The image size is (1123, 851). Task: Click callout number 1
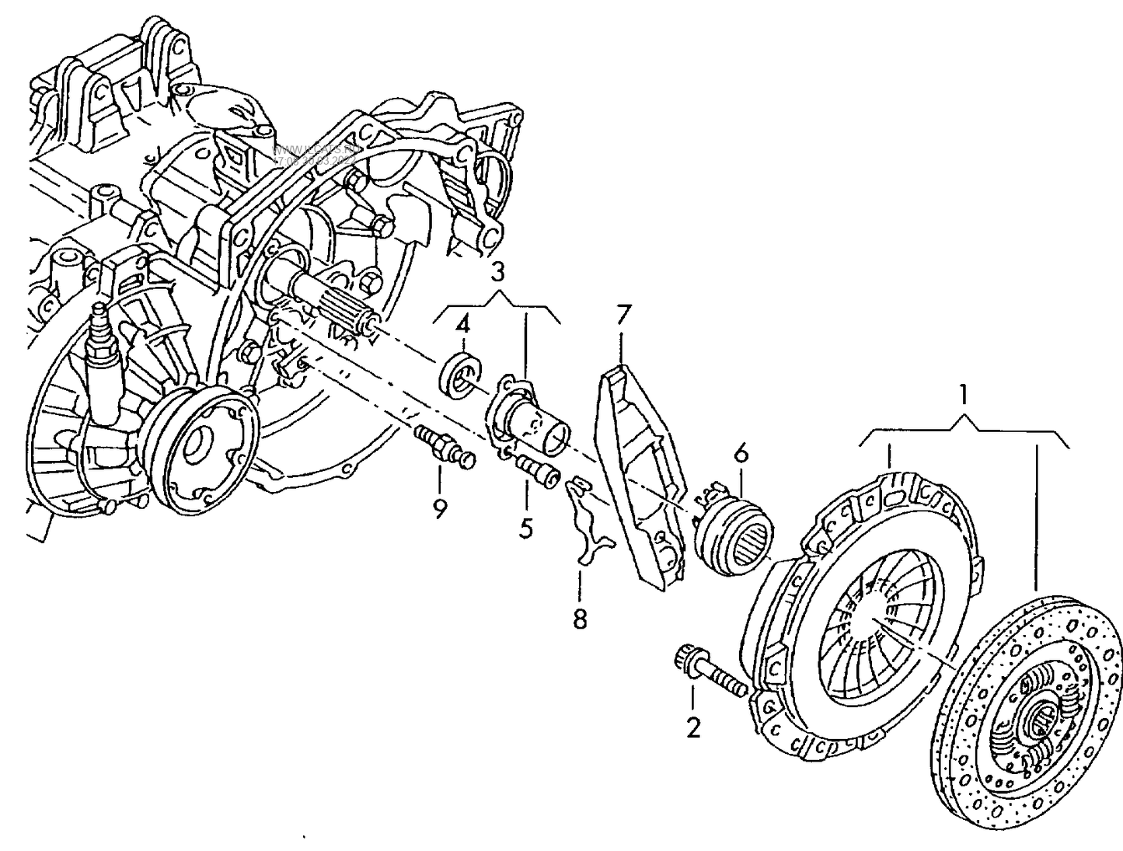click(x=963, y=396)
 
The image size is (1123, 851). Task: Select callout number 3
click(x=497, y=272)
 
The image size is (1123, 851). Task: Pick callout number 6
click(x=740, y=452)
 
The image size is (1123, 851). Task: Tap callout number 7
click(x=623, y=316)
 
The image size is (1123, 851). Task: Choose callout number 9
click(x=440, y=509)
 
